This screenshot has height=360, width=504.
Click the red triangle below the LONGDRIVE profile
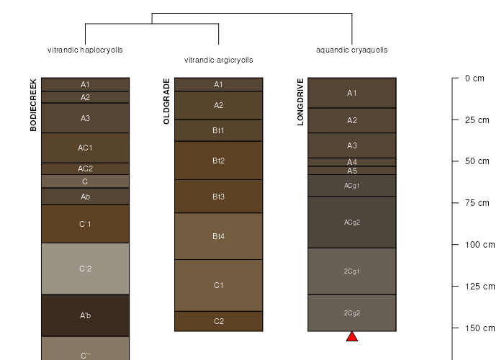352,337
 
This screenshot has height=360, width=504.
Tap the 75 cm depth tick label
477,203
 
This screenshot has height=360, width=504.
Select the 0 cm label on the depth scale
474,78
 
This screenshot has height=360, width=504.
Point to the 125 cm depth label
480,286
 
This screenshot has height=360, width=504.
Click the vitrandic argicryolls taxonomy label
219,60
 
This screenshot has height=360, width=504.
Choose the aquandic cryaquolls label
352,50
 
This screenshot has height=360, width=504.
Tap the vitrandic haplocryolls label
85,50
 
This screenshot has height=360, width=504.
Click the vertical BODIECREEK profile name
33,105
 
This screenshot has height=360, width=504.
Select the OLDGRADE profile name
166,102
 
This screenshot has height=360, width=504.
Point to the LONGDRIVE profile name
300,102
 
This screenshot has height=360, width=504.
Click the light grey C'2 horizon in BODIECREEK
85,269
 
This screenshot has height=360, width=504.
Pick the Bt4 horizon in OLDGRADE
219,236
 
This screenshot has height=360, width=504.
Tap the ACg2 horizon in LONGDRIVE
352,222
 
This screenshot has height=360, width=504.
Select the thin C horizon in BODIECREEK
85,181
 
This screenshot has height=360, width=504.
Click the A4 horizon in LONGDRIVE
352,162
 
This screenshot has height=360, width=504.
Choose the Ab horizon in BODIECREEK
85,197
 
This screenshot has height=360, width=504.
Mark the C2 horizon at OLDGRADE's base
219,321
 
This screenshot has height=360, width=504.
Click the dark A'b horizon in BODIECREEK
85,315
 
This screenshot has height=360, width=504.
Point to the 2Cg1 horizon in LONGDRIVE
352,271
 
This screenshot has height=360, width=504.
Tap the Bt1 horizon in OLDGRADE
219,130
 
